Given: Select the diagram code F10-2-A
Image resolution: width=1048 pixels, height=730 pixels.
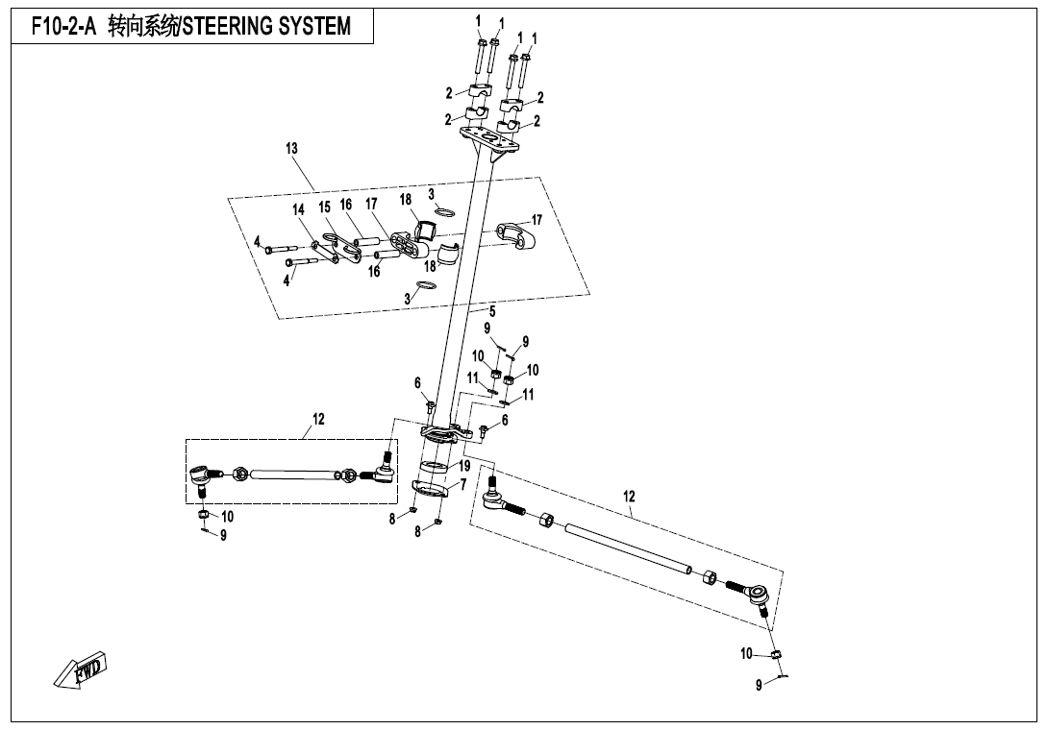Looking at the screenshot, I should (63, 26).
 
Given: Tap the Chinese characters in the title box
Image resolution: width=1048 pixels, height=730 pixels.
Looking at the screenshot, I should (143, 26).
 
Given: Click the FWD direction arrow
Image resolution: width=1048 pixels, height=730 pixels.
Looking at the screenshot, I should (84, 670).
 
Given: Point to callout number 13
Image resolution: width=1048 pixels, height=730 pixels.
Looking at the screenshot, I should (291, 149).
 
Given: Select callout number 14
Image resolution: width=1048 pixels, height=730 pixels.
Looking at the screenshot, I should (299, 208).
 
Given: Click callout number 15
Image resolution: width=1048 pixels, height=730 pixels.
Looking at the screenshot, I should (324, 207).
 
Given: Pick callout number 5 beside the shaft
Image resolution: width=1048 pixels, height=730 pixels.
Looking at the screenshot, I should (492, 311).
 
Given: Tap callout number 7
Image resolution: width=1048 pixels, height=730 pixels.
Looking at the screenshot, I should (463, 484).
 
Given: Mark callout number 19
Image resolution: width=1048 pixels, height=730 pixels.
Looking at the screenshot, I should (464, 466).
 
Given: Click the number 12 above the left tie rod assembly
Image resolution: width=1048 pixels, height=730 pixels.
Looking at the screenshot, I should (318, 419).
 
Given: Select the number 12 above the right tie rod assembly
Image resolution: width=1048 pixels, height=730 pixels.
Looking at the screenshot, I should (629, 497).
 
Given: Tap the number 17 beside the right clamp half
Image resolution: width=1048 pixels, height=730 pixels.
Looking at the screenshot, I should (536, 220).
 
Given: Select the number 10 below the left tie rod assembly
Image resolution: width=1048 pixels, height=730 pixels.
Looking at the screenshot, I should (228, 516).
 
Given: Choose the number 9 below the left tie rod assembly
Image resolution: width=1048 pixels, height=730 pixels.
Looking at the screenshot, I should (223, 536).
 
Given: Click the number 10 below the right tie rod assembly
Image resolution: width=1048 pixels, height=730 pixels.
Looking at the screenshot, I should (746, 654).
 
